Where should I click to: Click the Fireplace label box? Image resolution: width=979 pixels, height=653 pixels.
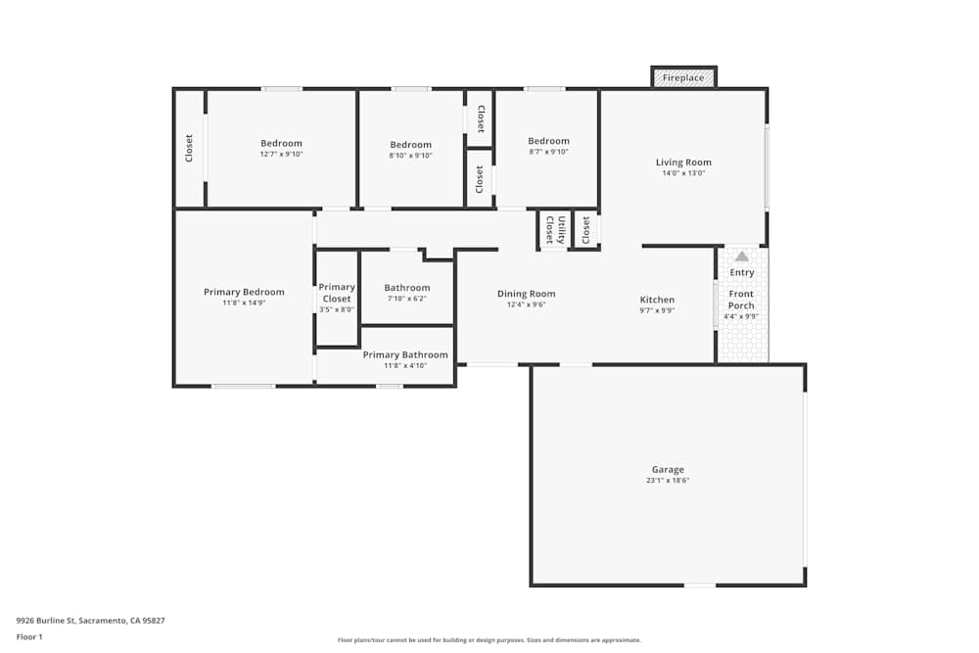(683, 77)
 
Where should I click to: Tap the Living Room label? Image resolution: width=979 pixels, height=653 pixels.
(683, 163)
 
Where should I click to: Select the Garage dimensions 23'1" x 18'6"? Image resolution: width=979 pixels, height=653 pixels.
(669, 481)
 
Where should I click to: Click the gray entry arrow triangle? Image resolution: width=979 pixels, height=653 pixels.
(742, 257)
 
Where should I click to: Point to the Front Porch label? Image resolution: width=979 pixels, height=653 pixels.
(741, 300)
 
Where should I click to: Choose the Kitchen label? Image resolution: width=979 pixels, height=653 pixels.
(657, 300)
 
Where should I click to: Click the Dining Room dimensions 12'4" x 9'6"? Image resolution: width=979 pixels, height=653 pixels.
(527, 304)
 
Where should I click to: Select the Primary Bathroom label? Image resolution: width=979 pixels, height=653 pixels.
(405, 355)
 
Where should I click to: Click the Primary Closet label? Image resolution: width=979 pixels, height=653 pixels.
(337, 293)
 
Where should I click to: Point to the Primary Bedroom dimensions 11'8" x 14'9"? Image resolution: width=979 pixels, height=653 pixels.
(244, 303)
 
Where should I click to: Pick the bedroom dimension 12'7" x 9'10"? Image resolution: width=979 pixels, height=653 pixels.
(281, 155)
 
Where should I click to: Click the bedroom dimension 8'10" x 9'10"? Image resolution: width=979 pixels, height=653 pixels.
(410, 156)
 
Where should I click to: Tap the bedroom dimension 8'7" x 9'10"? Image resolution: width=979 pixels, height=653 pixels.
(548, 152)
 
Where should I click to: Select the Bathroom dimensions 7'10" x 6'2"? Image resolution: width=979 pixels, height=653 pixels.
(406, 299)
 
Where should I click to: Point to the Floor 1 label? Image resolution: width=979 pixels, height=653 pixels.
(29, 636)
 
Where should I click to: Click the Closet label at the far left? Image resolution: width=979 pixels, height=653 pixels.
(189, 148)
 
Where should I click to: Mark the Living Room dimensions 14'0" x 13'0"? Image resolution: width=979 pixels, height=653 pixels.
(683, 173)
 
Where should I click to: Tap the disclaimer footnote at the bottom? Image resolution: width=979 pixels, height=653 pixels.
(489, 640)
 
